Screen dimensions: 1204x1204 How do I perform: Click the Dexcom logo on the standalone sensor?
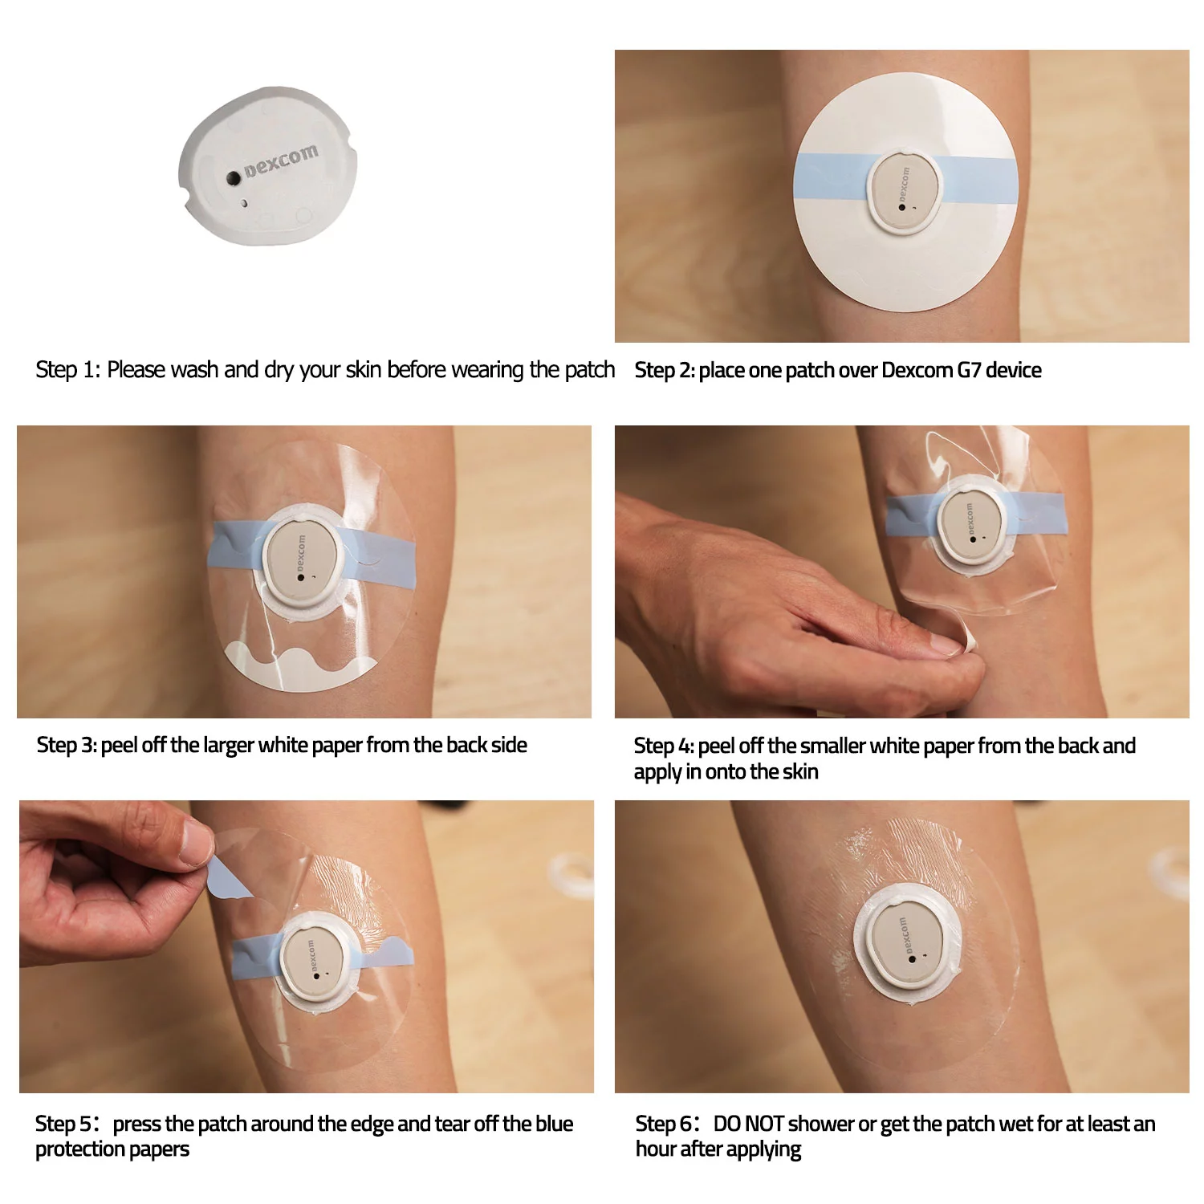(281, 160)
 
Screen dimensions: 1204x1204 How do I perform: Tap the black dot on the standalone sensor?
(233, 177)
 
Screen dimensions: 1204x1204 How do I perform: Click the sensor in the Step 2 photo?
(905, 191)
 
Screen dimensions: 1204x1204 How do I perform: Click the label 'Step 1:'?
(67, 370)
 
